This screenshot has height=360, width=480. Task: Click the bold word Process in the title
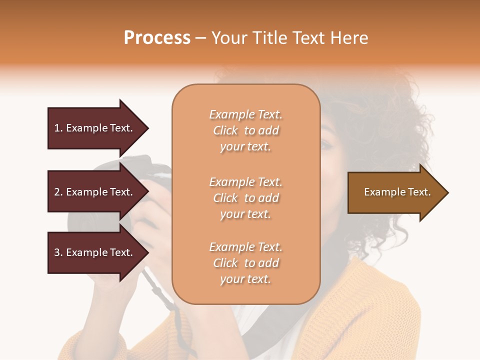click(x=157, y=38)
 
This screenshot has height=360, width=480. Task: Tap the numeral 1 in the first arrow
click(x=56, y=128)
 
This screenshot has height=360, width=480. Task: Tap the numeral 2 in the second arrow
click(x=57, y=192)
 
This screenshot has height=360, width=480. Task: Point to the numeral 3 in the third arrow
click(x=57, y=252)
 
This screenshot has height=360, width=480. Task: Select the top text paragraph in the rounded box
click(x=245, y=130)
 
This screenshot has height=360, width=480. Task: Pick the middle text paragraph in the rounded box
click(x=245, y=198)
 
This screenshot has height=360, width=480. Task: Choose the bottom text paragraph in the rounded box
click(x=245, y=263)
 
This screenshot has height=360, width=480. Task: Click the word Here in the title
click(x=351, y=38)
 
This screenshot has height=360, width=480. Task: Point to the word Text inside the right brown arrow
click(x=419, y=192)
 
